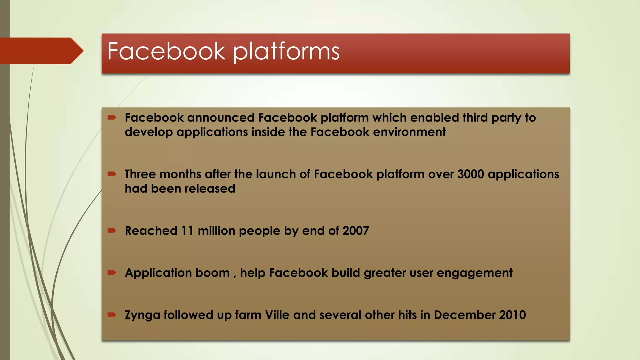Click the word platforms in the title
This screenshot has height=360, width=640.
(x=286, y=52)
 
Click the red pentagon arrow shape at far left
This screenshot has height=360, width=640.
(x=41, y=51)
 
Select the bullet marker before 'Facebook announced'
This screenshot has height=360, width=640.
(x=112, y=117)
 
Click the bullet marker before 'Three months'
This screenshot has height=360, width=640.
(x=112, y=174)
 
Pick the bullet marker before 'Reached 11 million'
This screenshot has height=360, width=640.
(x=112, y=231)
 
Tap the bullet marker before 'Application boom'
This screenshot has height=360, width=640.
(x=112, y=273)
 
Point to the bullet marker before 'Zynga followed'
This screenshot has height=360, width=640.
(x=112, y=315)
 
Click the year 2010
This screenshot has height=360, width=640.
(x=512, y=315)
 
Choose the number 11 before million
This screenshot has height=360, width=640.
(x=187, y=231)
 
